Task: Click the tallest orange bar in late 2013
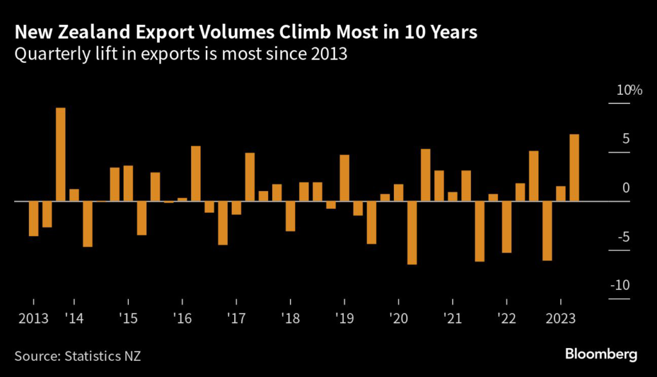(60, 154)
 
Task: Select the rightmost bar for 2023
(574, 167)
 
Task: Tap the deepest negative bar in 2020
(412, 233)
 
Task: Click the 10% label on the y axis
(629, 90)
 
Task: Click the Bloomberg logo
(601, 354)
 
